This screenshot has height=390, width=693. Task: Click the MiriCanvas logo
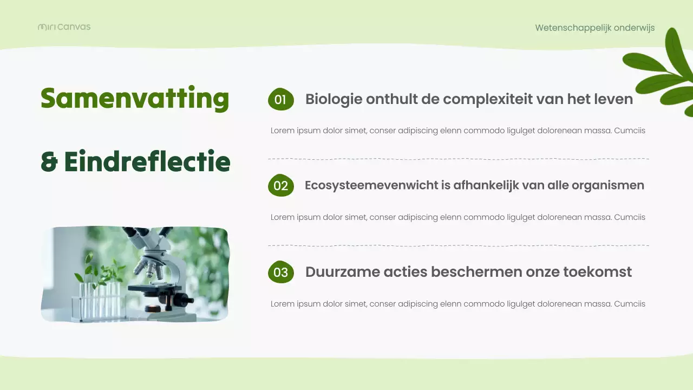[x=64, y=27]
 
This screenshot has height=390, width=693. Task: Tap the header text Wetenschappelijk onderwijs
[x=594, y=28]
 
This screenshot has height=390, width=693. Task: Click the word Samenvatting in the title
[x=135, y=99]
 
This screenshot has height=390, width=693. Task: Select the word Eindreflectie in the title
[x=147, y=162]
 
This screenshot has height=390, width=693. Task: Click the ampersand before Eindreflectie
[x=49, y=162]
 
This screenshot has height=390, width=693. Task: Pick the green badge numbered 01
[x=280, y=99]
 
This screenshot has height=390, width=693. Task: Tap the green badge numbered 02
[x=280, y=186]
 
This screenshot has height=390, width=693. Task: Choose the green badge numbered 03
[x=280, y=272]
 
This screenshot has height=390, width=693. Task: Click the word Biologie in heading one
[x=334, y=99]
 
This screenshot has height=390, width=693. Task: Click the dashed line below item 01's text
[x=458, y=159]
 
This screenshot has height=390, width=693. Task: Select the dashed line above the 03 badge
[x=458, y=245]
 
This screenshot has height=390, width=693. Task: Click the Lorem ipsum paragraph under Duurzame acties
[x=457, y=304]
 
